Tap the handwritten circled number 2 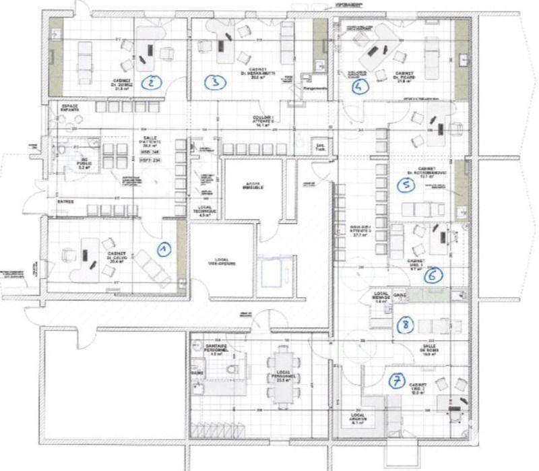(153, 82)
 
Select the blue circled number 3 (214, 82)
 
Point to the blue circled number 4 (359, 86)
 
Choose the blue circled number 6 (435, 274)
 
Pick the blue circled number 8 (404, 325)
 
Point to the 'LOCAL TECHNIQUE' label (207, 210)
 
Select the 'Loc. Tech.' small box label (318, 148)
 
